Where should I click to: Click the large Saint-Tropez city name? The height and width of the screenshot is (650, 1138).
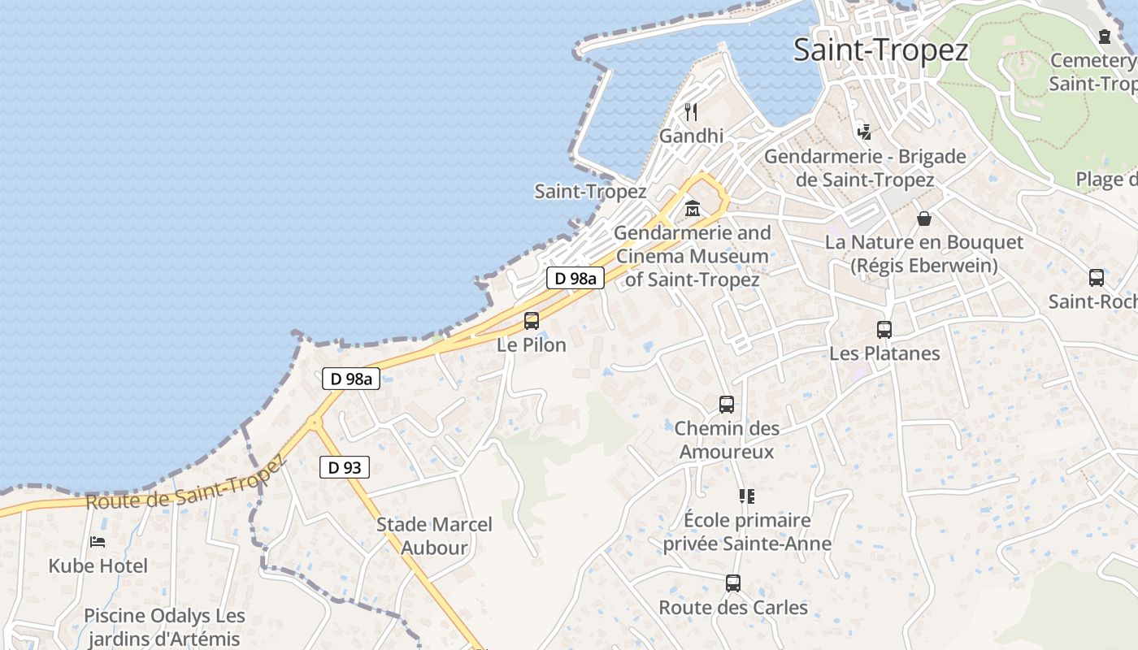pyautogui.click(x=880, y=50)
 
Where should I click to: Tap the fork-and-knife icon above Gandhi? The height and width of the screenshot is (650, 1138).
pyautogui.click(x=691, y=111)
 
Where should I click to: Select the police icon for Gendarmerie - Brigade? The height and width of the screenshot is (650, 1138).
pyautogui.click(x=864, y=131)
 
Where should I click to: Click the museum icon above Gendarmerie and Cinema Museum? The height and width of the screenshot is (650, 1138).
pyautogui.click(x=692, y=209)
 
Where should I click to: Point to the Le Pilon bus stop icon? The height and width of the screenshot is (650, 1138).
pyautogui.click(x=532, y=320)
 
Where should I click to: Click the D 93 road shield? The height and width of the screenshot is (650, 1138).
pyautogui.click(x=344, y=467)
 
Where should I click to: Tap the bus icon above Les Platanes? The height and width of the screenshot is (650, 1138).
pyautogui.click(x=884, y=330)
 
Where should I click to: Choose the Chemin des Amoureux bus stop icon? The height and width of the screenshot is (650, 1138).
pyautogui.click(x=727, y=404)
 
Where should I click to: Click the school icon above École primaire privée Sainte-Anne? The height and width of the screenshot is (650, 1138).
pyautogui.click(x=746, y=496)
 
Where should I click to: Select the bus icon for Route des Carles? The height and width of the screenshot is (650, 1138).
pyautogui.click(x=733, y=583)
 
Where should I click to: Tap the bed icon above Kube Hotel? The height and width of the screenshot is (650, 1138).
pyautogui.click(x=98, y=541)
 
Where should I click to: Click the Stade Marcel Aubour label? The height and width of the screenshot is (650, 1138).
pyautogui.click(x=434, y=536)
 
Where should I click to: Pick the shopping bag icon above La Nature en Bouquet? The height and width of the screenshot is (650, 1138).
pyautogui.click(x=924, y=218)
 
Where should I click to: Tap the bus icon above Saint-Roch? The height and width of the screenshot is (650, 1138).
pyautogui.click(x=1097, y=278)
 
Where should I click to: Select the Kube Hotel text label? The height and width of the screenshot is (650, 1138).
pyautogui.click(x=98, y=566)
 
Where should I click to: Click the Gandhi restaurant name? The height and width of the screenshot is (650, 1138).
pyautogui.click(x=691, y=136)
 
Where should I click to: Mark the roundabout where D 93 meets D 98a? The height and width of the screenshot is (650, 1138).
pyautogui.click(x=314, y=422)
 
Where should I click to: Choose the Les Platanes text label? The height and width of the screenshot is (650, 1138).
pyautogui.click(x=884, y=353)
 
